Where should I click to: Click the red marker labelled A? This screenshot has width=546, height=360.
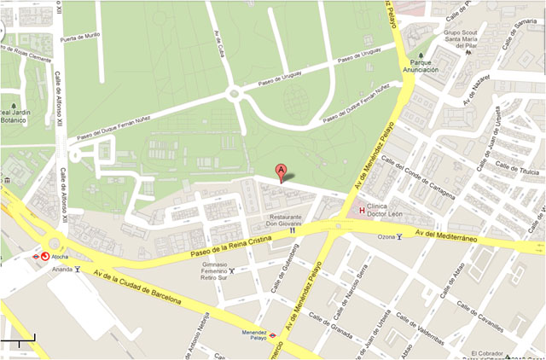tap(282, 171)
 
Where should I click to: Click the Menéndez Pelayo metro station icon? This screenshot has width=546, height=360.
tap(272, 336)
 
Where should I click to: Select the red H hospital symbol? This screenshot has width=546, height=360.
tap(362, 211)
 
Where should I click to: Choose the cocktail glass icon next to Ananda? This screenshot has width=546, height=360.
tap(77, 269)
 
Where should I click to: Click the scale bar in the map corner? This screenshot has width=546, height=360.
tap(18, 342)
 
